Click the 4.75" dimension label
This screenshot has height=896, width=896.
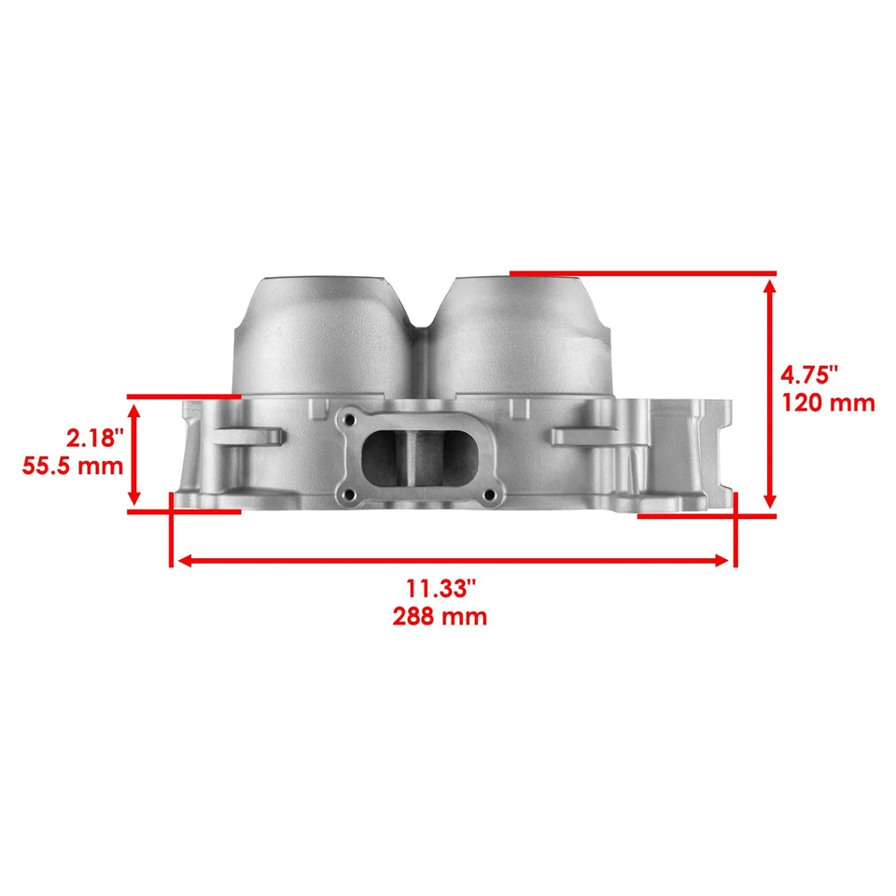(809, 374)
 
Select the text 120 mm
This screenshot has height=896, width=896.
(828, 402)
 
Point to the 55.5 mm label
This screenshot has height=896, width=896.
(73, 465)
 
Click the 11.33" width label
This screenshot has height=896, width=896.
(441, 588)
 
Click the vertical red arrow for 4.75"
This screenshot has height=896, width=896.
(770, 393)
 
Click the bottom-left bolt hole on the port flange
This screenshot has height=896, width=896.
(347, 495)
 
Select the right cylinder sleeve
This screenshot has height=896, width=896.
(523, 336)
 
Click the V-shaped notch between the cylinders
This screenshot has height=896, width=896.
(426, 322)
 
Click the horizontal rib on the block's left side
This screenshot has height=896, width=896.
(247, 437)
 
